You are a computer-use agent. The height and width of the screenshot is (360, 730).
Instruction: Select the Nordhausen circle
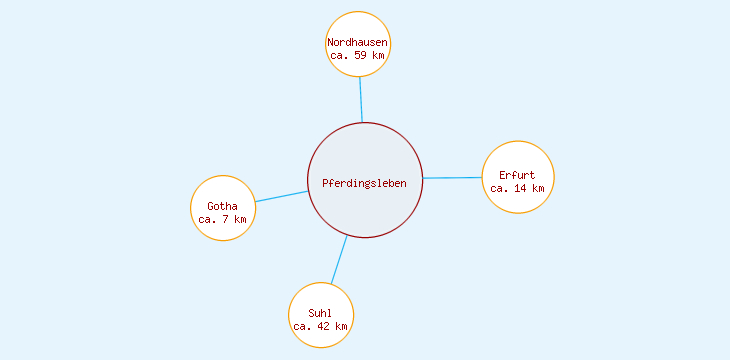357,30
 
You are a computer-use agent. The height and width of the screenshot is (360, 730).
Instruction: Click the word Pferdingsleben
365,182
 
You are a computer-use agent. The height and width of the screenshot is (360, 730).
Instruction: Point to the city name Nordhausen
357,43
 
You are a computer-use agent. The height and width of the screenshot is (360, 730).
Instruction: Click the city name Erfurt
517,175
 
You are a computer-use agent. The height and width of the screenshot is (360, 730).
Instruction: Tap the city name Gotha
223,206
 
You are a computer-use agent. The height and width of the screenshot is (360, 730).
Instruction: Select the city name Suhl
320,313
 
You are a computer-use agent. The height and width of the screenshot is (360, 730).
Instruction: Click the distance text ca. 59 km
357,56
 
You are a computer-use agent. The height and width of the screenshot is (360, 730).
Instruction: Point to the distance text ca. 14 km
517,188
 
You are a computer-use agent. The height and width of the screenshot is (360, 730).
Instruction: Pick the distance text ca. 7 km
222,219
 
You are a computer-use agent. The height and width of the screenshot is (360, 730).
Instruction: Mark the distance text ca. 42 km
320,326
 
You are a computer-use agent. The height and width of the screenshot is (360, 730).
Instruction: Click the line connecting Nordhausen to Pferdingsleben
361,100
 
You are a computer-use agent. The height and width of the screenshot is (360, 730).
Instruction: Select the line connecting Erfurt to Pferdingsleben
452,178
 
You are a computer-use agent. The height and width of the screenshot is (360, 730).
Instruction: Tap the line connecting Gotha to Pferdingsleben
281,196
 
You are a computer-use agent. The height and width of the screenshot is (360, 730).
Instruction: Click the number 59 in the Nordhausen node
362,56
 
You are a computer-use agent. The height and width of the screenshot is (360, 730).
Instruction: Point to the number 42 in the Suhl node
325,326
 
